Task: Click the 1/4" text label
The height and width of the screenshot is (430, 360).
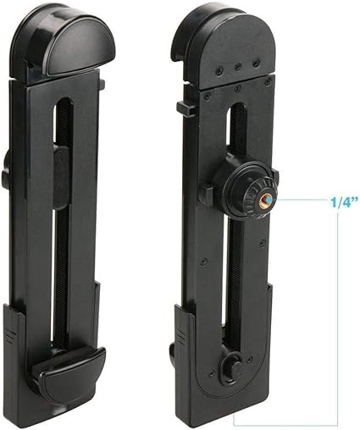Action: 344,202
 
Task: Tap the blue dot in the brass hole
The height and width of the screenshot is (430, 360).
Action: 269,200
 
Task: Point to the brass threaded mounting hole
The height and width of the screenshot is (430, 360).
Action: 267,200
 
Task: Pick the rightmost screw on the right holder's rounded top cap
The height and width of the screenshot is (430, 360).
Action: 257,62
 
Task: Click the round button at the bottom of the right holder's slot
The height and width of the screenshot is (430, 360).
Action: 230,367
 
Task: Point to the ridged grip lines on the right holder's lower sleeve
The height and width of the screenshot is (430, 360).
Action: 180,336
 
